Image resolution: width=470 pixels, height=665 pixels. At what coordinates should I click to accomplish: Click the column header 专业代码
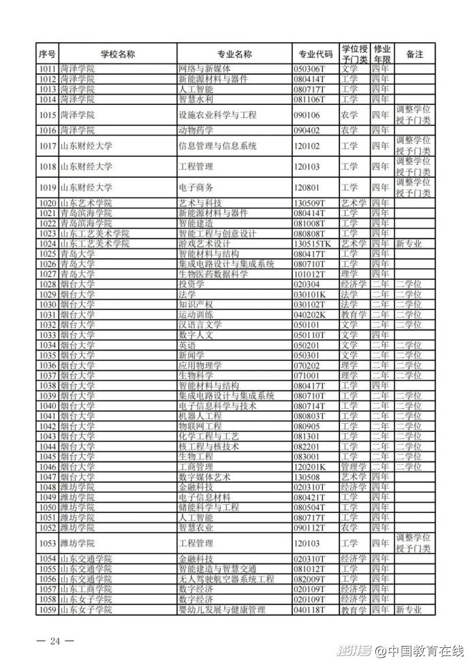tap(315, 54)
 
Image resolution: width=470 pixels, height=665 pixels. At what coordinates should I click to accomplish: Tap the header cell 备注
tap(414, 54)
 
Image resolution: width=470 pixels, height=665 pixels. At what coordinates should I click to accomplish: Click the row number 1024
tap(47, 243)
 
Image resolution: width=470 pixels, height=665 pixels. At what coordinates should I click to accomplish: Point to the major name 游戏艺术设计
tap(204, 243)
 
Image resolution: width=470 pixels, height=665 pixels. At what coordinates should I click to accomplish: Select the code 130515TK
tap(313, 243)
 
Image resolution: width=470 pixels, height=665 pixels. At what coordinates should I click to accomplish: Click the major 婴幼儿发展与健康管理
tap(221, 610)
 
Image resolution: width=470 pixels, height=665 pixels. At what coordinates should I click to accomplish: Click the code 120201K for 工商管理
tap(310, 467)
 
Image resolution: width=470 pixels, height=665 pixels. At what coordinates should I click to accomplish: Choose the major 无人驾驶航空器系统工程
tap(226, 579)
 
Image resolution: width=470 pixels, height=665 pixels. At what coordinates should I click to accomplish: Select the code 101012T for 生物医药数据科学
tap(310, 274)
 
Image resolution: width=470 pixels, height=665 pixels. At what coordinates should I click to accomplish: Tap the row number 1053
tap(47, 543)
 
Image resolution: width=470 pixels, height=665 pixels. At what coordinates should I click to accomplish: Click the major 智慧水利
tap(195, 99)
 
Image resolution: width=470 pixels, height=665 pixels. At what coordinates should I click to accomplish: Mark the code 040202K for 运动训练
tap(310, 315)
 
